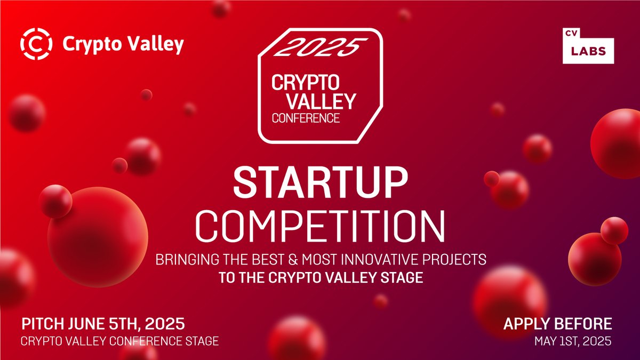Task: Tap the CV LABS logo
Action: tap(588, 45)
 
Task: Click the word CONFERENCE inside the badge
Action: tap(306, 118)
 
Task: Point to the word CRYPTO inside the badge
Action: tap(306, 83)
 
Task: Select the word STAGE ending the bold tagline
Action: tap(405, 278)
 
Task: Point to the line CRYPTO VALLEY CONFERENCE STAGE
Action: tap(119, 341)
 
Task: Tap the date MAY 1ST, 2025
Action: tap(573, 341)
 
